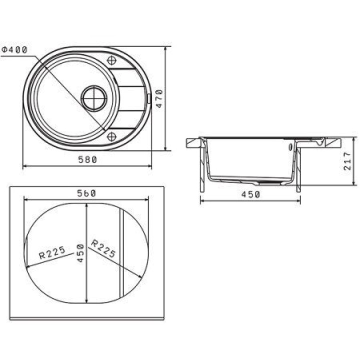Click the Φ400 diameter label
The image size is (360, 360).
pyautogui.click(x=14, y=49)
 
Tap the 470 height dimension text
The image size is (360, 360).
pyautogui.click(x=159, y=98)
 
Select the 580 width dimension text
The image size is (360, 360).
pyautogui.click(x=87, y=159)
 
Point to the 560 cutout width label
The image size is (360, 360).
pyautogui.click(x=86, y=193)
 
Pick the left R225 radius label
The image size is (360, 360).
pyautogui.click(x=52, y=252)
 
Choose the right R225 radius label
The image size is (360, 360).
pyautogui.click(x=103, y=248)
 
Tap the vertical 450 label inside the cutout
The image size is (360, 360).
pyautogui.click(x=80, y=253)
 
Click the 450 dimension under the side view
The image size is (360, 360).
pyautogui.click(x=250, y=194)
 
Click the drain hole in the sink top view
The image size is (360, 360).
pyautogui.click(x=94, y=98)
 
